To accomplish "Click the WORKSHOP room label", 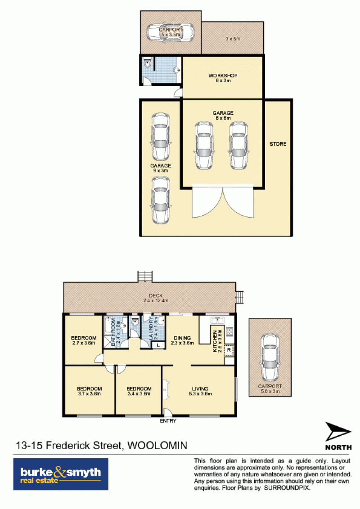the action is pos(223,76).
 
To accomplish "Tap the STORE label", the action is pos(278,144).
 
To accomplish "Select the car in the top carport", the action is pos(170,32).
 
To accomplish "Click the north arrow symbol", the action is pos(338,432).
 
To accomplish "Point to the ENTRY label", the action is pos(168,421).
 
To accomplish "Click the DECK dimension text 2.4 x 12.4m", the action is pos(156,301).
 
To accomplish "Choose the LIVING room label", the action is pos(200,388).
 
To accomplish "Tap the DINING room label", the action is pos(182,338).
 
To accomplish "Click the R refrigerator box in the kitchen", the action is pos(229,350).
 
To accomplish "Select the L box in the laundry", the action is pos(158,345).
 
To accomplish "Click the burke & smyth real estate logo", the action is pos(61,474).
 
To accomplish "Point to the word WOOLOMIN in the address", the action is pos(157,445).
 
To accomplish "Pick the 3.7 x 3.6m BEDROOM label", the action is pos(90,391).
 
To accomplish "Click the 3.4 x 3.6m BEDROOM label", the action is pos(139,391).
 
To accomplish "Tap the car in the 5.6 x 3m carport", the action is pos(270,357).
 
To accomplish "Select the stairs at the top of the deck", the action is pos(145,277).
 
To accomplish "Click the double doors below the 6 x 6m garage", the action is pos(223,201).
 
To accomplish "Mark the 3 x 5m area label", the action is pos(233,39).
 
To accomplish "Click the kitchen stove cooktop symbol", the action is pos(229,332).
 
